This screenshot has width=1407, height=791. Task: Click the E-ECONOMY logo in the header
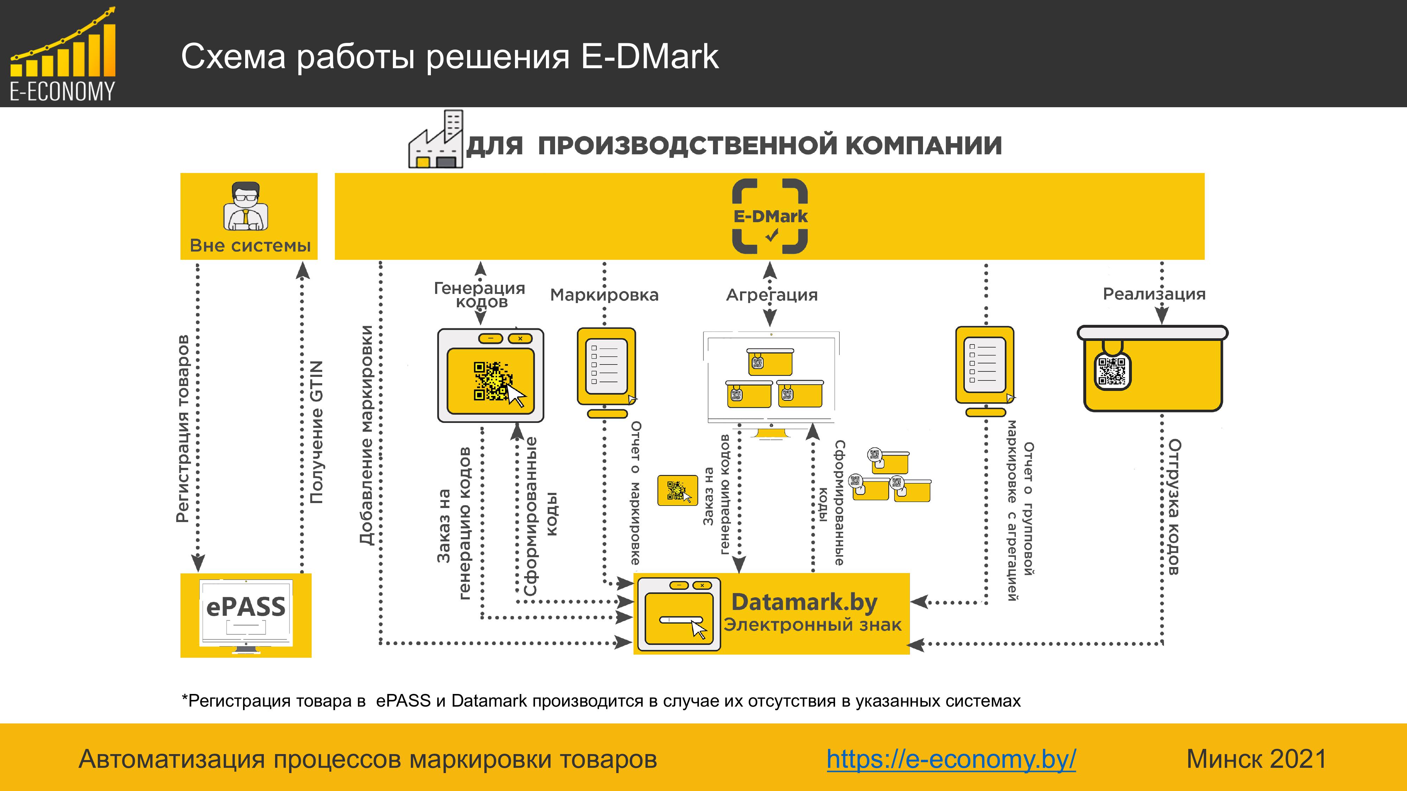pos(62,54)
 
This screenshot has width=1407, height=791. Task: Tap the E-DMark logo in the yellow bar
pos(770,216)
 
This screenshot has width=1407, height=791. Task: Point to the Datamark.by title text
pos(804,602)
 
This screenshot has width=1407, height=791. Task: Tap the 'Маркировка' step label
pos(604,295)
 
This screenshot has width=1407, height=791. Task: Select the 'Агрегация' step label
pos(771,295)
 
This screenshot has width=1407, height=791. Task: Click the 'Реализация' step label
pos(1154,294)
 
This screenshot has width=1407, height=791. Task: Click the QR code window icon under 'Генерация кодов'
pos(490,375)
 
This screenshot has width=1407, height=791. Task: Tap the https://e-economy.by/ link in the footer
pos(951,759)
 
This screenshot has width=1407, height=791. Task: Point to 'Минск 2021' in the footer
pos(1256,759)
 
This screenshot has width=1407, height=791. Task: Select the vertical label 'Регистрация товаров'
pos(183,429)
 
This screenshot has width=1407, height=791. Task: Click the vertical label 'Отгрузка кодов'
pos(1173,507)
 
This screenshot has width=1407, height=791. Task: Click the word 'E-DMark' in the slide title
pos(649,56)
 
